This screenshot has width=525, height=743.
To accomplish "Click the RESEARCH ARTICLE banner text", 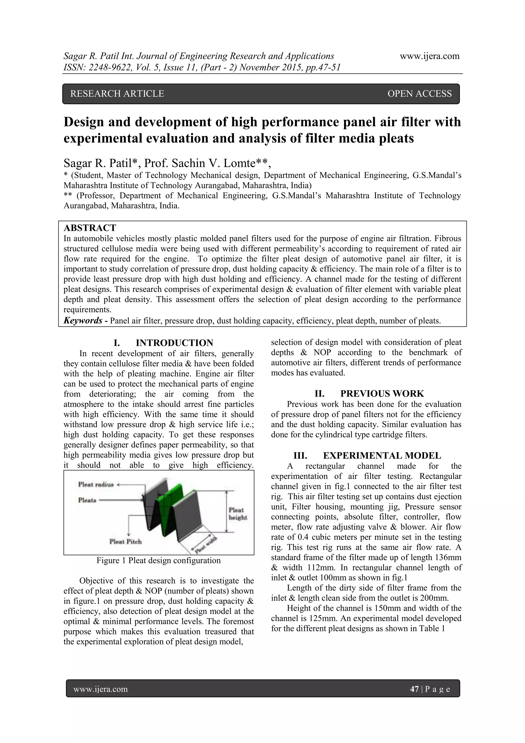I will (x=117, y=94).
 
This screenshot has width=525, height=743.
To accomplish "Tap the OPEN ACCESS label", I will (x=419, y=94).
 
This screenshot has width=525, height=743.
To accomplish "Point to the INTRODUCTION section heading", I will (x=174, y=343).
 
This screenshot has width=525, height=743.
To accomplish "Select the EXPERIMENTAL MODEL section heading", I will (x=382, y=456).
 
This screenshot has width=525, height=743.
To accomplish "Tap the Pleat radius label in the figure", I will (x=96, y=484).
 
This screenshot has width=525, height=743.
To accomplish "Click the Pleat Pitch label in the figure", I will (x=126, y=541).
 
